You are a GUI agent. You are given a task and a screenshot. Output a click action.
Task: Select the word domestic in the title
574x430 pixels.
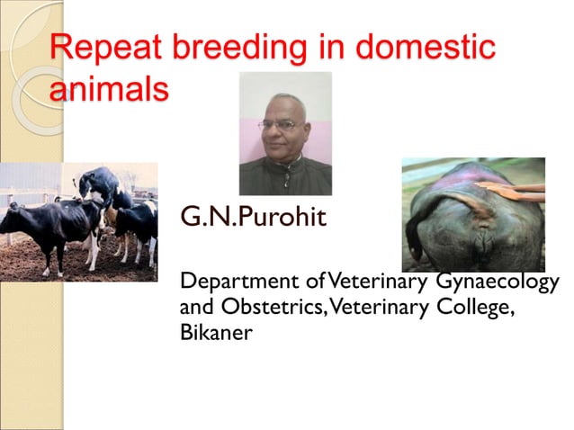click(429, 47)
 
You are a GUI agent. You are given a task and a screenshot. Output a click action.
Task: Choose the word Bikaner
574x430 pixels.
click(216, 332)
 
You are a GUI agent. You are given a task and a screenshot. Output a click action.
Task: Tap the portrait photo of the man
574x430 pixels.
click(284, 134)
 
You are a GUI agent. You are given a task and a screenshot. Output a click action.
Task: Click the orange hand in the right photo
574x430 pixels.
click(513, 190)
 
